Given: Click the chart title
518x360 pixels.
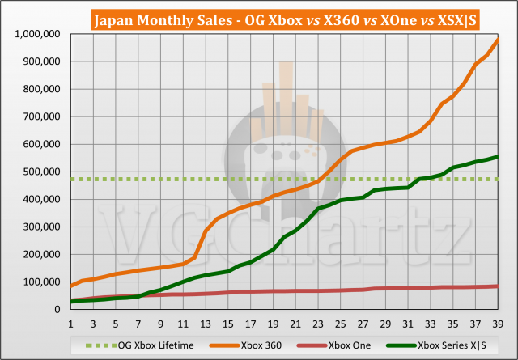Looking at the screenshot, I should [259, 18].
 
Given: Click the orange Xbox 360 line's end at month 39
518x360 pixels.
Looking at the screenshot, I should [497, 40].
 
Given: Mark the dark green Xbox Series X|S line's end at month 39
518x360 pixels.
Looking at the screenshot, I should [497, 157].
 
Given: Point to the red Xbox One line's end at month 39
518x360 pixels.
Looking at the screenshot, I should [497, 286].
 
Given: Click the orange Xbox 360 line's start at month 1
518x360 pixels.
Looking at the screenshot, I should [71, 286].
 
